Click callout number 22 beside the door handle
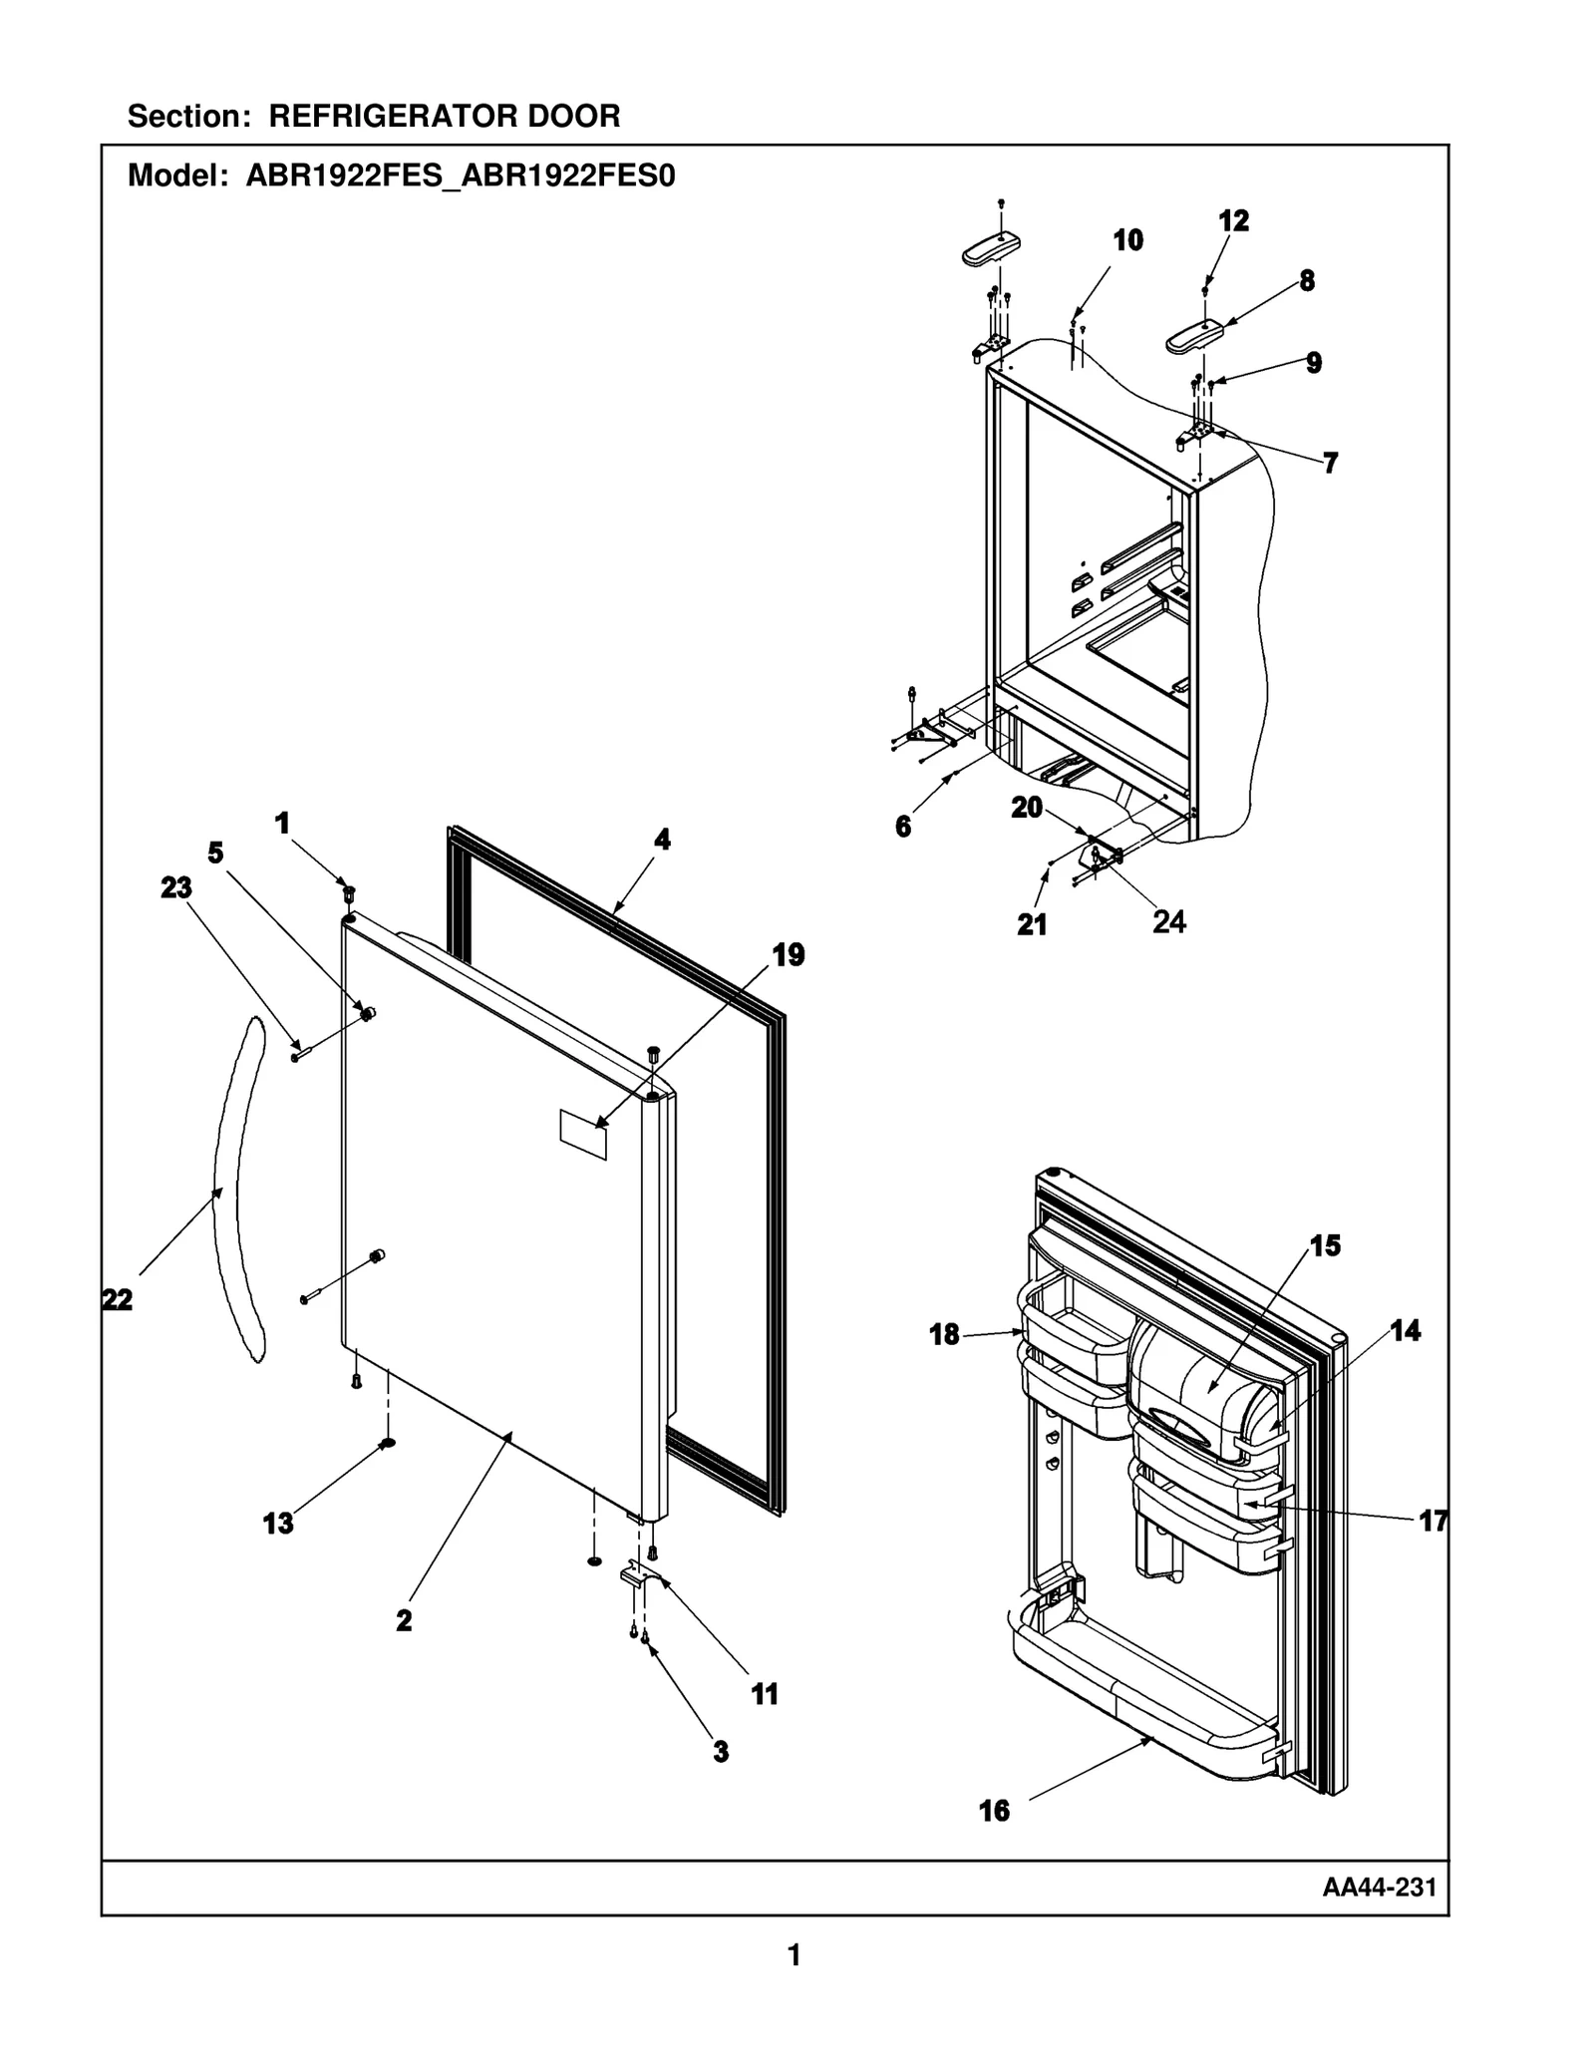pyautogui.click(x=117, y=1300)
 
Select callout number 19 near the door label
pyautogui.click(x=788, y=955)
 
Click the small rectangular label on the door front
pyautogui.click(x=583, y=1136)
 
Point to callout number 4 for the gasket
pyautogui.click(x=662, y=840)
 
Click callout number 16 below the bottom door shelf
pyautogui.click(x=994, y=1812)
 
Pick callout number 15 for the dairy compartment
pyautogui.click(x=1325, y=1245)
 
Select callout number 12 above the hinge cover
pyautogui.click(x=1233, y=220)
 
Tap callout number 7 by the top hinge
pyautogui.click(x=1330, y=463)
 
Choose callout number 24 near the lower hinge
pyautogui.click(x=1168, y=922)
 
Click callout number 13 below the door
pyautogui.click(x=278, y=1524)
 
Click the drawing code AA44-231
pyautogui.click(x=1379, y=1888)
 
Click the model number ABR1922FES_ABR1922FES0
pyautogui.click(x=461, y=176)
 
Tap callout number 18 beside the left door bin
pyautogui.click(x=944, y=1334)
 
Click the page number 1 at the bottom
pyautogui.click(x=795, y=1955)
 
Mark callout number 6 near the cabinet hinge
pyautogui.click(x=903, y=827)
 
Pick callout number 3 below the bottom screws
pyautogui.click(x=721, y=1751)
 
